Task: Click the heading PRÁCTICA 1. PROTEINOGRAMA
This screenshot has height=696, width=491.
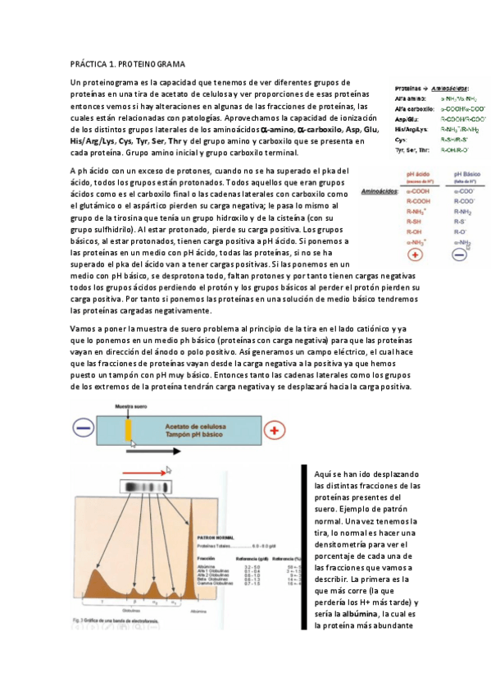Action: point(128,63)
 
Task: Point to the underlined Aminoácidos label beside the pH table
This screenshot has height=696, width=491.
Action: point(381,191)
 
